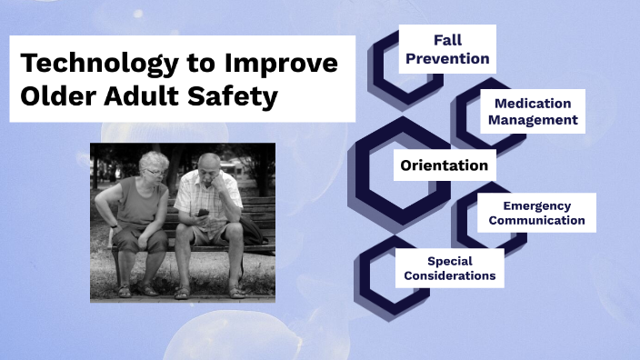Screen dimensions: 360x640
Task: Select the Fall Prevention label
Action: coord(446,49)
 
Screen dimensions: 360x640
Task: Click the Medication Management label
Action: coord(532,111)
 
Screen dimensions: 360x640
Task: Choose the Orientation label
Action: coord(444,165)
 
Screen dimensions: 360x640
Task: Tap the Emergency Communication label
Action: coord(535,213)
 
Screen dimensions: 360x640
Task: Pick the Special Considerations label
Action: coord(449,267)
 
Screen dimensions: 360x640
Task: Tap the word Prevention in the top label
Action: coord(446,58)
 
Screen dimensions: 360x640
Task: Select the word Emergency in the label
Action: coord(535,205)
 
